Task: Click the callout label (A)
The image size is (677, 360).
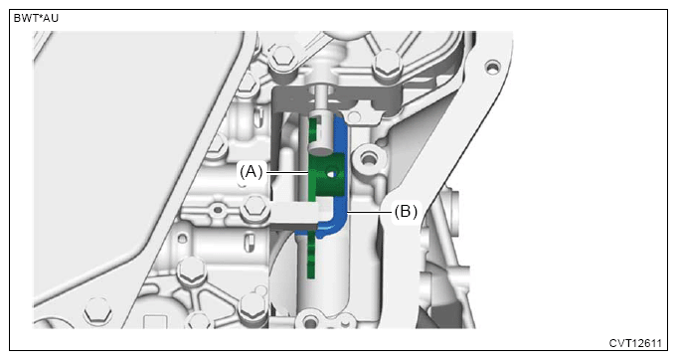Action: [252, 172]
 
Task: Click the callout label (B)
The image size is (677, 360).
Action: [406, 212]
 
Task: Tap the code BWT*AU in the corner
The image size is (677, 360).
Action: [36, 18]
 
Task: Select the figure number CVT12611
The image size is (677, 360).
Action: [635, 343]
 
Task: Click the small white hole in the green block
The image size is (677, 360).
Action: [332, 174]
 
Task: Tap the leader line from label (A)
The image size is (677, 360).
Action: [286, 173]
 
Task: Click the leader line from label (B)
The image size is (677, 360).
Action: [370, 212]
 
